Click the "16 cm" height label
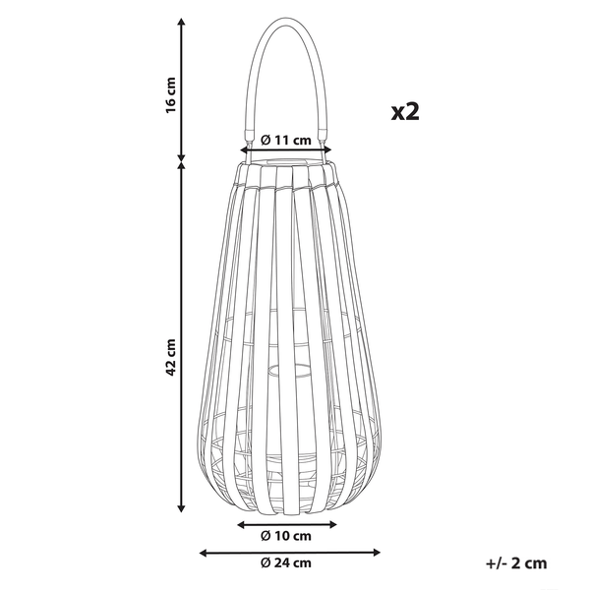170,94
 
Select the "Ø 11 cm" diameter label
287,140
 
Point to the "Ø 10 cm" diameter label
287,536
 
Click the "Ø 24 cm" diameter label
287,562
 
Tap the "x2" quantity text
404,111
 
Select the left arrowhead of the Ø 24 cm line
204,552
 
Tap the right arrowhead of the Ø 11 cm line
331,150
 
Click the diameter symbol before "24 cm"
266,562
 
